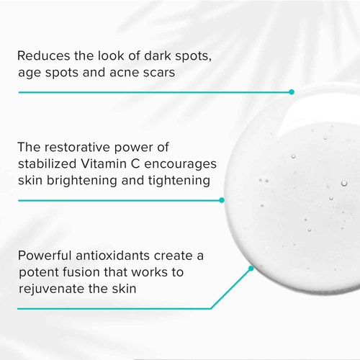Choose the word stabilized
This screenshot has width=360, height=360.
49,164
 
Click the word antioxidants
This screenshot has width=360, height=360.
127,256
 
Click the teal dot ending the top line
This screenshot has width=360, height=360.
292,92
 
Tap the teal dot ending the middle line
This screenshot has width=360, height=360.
222,200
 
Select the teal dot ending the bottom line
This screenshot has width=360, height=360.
251,269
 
